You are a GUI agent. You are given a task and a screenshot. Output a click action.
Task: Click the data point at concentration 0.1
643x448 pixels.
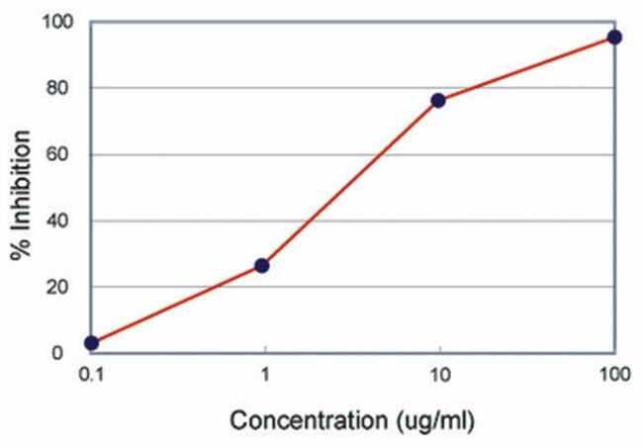click(91, 343)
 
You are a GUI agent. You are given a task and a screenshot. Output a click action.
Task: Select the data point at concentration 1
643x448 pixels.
click(262, 265)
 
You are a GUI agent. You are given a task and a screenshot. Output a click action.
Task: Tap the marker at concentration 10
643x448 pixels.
click(438, 101)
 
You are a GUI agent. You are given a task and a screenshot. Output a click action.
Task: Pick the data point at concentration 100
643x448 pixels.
click(614, 38)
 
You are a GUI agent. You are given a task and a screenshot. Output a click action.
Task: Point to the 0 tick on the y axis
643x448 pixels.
click(58, 353)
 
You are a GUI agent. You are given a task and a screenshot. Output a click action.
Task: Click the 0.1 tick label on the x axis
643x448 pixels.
click(91, 377)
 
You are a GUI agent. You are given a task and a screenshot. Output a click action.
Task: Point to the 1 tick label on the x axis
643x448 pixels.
click(265, 377)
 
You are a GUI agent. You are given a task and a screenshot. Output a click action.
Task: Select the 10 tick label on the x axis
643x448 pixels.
click(440, 377)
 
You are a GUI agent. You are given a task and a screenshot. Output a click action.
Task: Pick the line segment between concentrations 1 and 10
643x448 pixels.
click(350, 183)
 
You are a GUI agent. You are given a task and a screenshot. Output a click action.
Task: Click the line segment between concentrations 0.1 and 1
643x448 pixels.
click(176, 305)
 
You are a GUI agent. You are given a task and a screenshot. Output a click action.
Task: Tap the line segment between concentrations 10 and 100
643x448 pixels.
click(526, 69)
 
